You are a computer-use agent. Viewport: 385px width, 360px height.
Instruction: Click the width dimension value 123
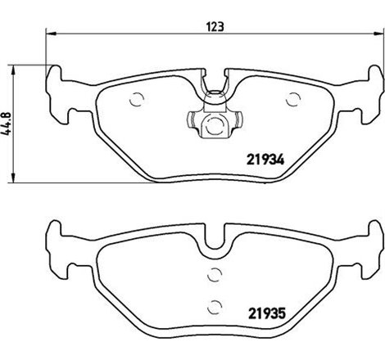point(215,25)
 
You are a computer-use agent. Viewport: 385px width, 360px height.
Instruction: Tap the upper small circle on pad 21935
point(215,276)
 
